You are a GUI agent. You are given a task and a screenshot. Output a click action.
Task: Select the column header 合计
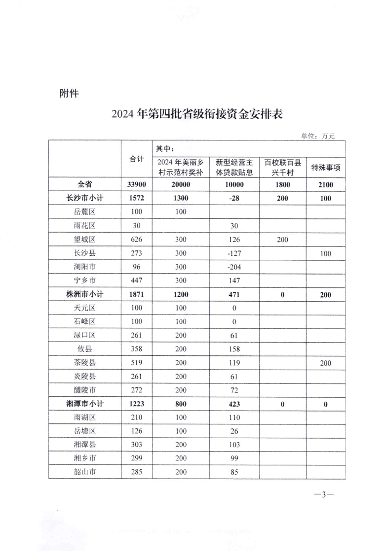pyautogui.click(x=137, y=159)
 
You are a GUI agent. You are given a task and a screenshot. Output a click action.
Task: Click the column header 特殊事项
pyautogui.click(x=325, y=168)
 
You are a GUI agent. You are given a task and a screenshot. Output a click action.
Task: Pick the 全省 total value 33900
pyautogui.click(x=137, y=185)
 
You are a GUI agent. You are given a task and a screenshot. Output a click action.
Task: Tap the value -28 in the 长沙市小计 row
pyautogui.click(x=234, y=198)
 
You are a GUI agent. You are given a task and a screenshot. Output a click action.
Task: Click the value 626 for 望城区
pyautogui.click(x=137, y=240)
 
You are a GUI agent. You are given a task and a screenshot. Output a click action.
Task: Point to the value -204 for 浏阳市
pyautogui.click(x=234, y=267)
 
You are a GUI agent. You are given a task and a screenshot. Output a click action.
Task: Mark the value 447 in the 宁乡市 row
pyautogui.click(x=137, y=280)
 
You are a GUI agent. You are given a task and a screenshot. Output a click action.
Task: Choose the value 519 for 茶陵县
pyautogui.click(x=137, y=363)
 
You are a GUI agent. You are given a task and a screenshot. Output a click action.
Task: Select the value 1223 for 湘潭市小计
pyautogui.click(x=137, y=404)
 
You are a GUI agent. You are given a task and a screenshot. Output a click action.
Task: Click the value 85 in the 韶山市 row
pyautogui.click(x=234, y=472)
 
